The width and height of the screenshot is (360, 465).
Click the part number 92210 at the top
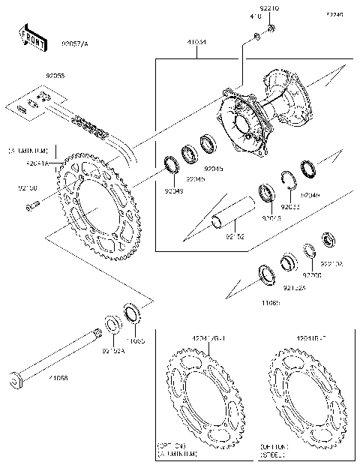[271, 7]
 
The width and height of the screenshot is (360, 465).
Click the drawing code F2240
[335, 14]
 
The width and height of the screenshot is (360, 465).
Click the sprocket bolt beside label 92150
[31, 206]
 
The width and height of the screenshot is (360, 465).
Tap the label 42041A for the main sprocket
[37, 162]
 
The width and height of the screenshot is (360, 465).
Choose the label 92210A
[332, 264]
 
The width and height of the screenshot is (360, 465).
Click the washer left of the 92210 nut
[256, 36]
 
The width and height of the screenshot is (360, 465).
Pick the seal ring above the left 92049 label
[172, 164]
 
